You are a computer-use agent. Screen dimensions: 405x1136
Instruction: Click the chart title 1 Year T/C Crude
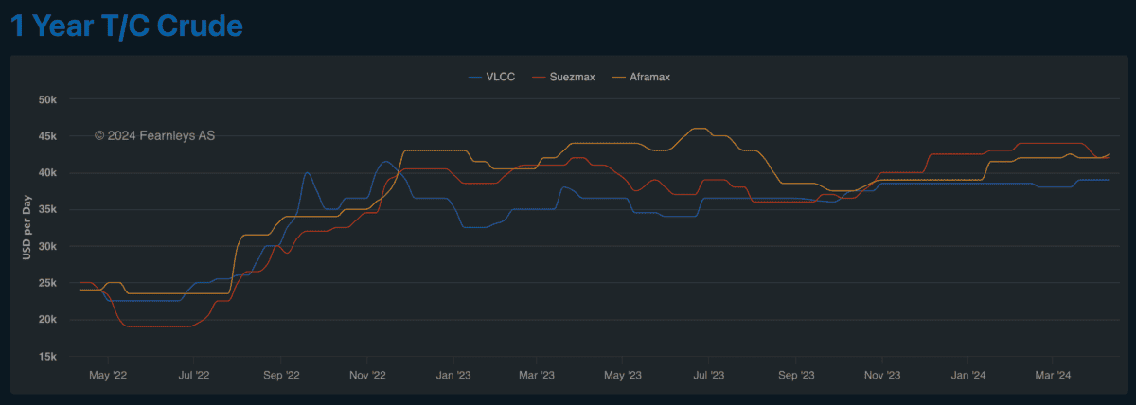(x=127, y=26)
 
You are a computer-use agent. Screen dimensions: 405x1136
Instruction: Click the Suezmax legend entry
(x=572, y=77)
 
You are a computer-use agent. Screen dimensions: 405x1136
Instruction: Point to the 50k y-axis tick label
(x=47, y=99)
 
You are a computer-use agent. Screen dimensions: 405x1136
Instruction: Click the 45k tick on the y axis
(x=47, y=136)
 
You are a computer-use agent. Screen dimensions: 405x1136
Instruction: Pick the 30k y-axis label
(x=47, y=246)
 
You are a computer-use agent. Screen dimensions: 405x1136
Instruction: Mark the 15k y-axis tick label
(x=47, y=357)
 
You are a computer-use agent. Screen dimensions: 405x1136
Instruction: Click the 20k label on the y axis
(x=47, y=320)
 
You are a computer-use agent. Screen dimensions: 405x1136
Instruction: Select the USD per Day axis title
(x=27, y=228)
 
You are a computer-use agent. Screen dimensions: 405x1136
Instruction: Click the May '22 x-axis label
(x=109, y=376)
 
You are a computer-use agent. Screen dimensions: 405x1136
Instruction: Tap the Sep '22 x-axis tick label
(x=281, y=376)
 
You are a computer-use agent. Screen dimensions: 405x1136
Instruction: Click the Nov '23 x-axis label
(x=881, y=376)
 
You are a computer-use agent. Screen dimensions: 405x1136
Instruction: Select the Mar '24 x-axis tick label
(x=1053, y=376)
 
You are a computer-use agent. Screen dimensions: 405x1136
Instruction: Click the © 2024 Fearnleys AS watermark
(x=154, y=136)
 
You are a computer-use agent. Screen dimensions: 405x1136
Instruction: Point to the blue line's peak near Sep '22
(x=308, y=172)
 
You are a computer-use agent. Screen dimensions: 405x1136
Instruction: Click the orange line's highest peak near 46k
(x=699, y=129)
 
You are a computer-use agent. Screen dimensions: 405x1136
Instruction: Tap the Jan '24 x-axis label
(x=967, y=376)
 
